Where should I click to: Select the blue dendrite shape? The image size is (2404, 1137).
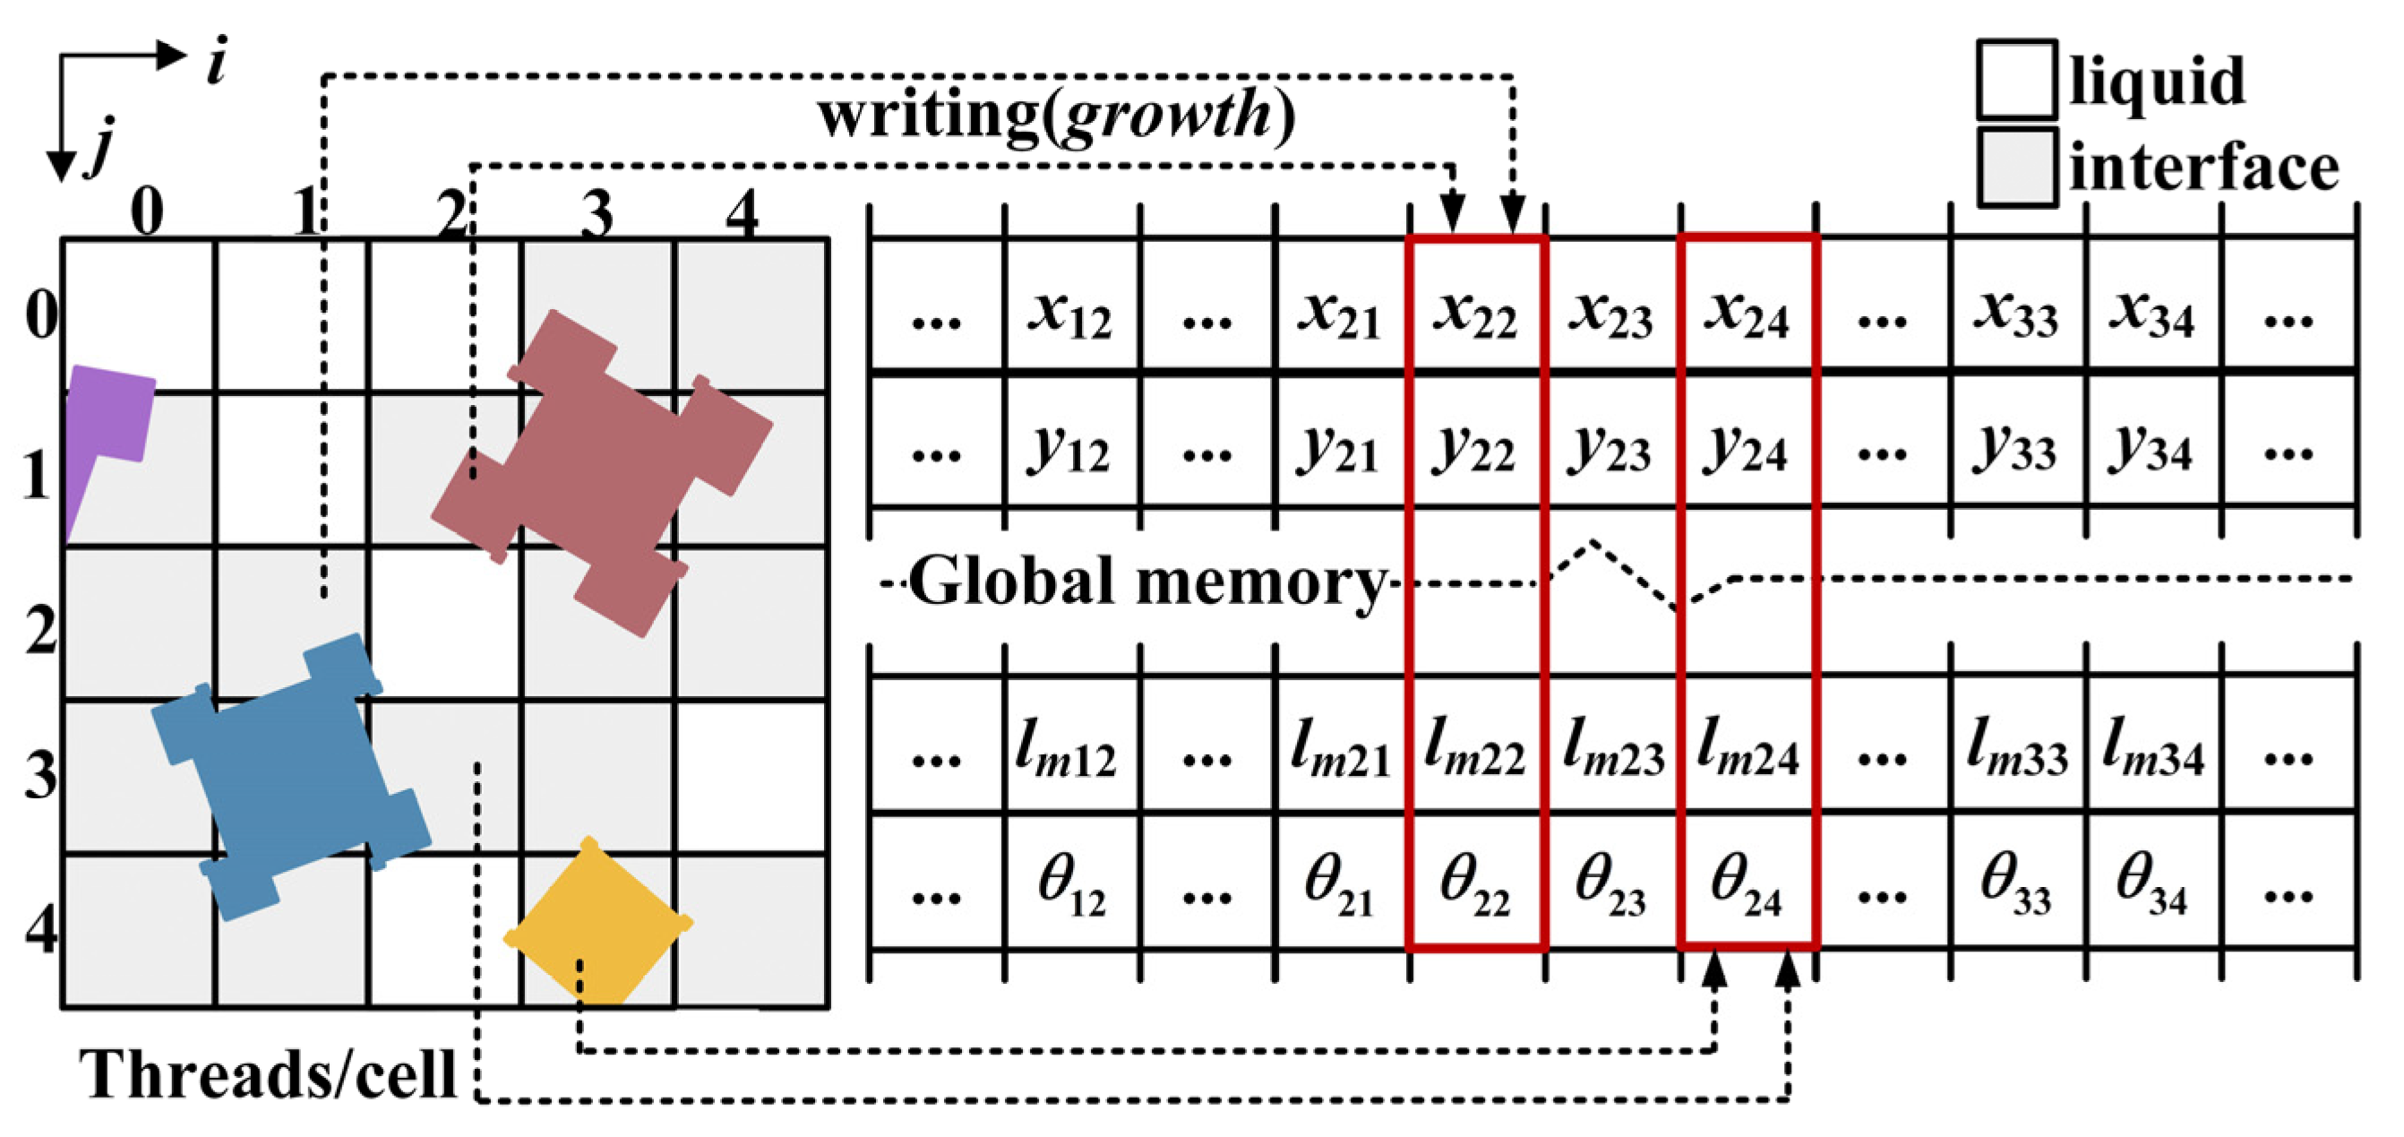(289, 775)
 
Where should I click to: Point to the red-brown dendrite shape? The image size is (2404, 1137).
(602, 471)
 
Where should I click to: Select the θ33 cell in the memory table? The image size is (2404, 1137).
(2016, 883)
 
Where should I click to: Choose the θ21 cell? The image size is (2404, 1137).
(1339, 883)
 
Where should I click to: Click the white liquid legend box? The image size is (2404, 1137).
(2016, 80)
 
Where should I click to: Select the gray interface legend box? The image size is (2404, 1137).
(2016, 168)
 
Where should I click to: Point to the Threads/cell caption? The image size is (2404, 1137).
(269, 1073)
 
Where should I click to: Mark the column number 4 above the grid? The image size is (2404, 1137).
(742, 213)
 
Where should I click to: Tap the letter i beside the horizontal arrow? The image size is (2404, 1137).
(218, 64)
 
